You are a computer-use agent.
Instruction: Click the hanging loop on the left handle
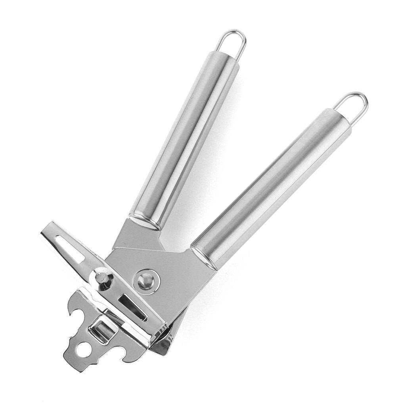(x=232, y=43)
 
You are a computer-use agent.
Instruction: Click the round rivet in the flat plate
(x=147, y=282)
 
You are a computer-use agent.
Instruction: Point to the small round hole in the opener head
(x=84, y=349)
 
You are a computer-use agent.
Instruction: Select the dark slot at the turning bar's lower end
(x=133, y=307)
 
